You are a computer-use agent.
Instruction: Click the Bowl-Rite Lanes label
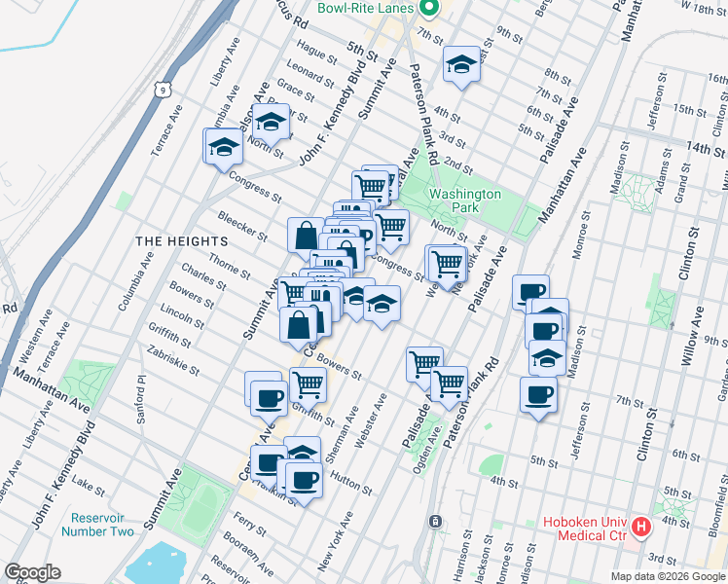pos(366,9)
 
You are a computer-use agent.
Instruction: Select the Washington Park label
pos(465,201)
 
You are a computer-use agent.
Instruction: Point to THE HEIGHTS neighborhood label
pos(181,240)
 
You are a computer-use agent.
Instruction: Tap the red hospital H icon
pos(641,528)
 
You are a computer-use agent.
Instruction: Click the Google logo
pos(31,572)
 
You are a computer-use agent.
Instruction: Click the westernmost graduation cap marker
pos(224,147)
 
